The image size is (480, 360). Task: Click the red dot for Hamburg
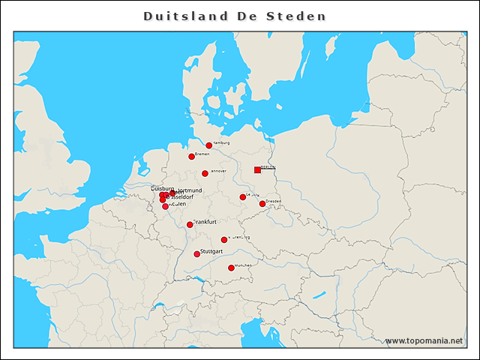pos(209,145)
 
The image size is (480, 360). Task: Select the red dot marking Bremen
pos(192,157)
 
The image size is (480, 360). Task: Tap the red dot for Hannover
pos(205,173)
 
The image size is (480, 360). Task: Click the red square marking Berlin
pos(257,170)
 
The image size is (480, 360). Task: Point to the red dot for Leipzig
pos(243,197)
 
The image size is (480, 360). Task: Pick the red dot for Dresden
pos(262,204)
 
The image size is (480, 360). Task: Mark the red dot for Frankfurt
pos(190,225)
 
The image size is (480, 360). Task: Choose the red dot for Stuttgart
pos(197,254)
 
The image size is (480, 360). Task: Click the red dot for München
pos(231,268)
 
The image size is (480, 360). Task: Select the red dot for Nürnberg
pos(224,240)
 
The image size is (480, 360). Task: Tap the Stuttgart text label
pos(212,252)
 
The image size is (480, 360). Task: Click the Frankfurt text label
pos(205,222)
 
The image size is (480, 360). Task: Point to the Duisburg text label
pos(163,189)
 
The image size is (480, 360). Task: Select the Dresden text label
pos(274,201)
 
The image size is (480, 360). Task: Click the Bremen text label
pos(202,154)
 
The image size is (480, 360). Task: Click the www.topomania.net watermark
pos(424,340)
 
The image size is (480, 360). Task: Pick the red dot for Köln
pos(166,206)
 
